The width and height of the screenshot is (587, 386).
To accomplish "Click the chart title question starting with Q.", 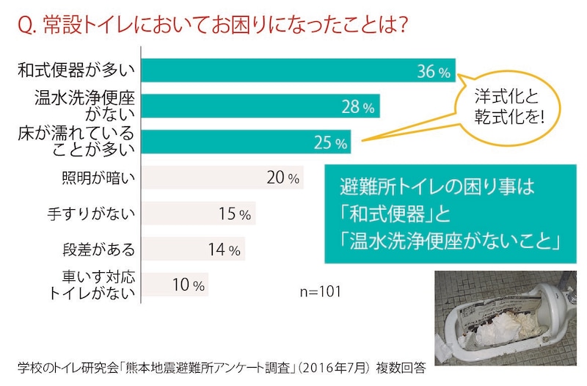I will point(212,25).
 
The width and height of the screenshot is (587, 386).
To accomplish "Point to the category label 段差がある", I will point(98,250).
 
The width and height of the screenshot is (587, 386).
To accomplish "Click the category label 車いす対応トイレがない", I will point(92,285).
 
